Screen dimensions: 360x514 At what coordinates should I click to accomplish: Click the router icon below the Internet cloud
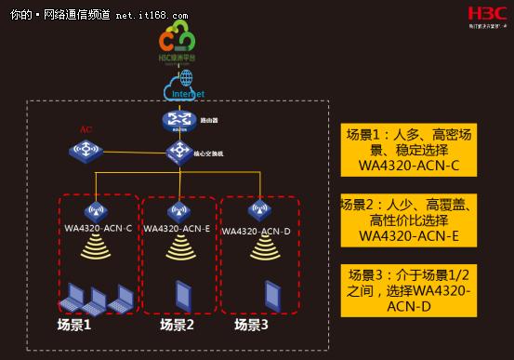(x=177, y=120)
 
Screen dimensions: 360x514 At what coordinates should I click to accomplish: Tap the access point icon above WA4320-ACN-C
(x=97, y=210)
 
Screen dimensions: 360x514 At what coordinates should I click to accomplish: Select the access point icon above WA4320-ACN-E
(x=177, y=210)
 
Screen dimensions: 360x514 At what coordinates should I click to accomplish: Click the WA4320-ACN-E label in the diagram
(x=176, y=229)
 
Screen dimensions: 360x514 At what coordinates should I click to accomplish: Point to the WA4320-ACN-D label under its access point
(x=257, y=229)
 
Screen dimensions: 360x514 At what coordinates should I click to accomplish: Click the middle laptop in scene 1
(x=96, y=300)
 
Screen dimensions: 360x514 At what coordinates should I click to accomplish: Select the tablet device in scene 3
(x=272, y=295)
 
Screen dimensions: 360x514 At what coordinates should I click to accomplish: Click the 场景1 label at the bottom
(x=75, y=325)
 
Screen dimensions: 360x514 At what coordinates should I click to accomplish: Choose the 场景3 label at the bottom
(x=252, y=325)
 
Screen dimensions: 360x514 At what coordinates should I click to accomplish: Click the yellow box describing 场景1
(x=409, y=151)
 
